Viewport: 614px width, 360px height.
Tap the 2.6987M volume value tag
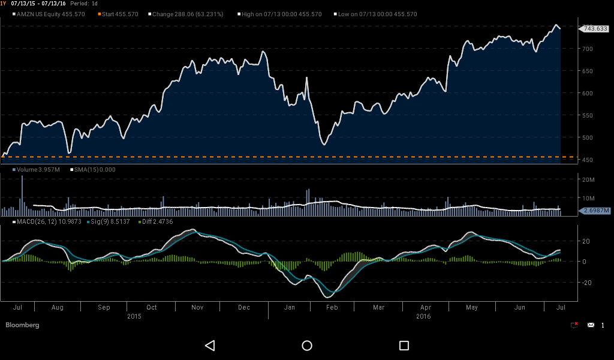[596, 211]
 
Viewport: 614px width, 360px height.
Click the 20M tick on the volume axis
[588, 180]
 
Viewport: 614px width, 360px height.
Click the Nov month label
[197, 307]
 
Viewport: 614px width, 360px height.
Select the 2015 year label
[135, 316]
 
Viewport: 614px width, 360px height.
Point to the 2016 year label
[423, 316]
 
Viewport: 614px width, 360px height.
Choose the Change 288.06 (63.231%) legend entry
[187, 14]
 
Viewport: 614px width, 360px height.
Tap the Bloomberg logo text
[22, 325]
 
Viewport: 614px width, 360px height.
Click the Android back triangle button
[210, 346]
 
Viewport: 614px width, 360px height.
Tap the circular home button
[307, 346]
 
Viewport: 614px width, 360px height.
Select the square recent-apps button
[404, 346]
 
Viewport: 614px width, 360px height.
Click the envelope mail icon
[591, 325]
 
